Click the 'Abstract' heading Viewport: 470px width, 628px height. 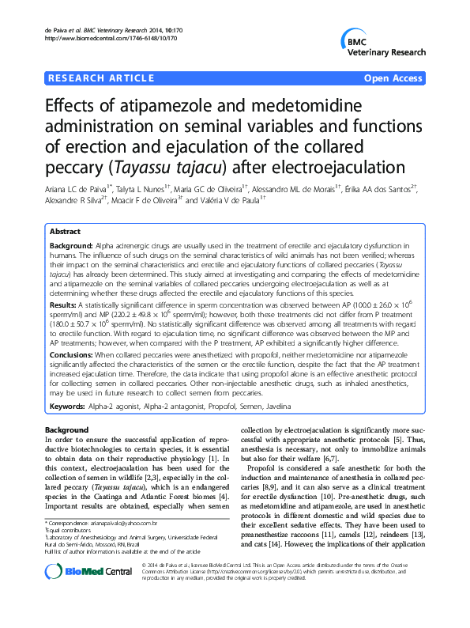coord(66,233)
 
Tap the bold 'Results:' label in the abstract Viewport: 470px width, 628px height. coord(63,304)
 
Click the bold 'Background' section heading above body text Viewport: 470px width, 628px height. coord(67,429)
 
